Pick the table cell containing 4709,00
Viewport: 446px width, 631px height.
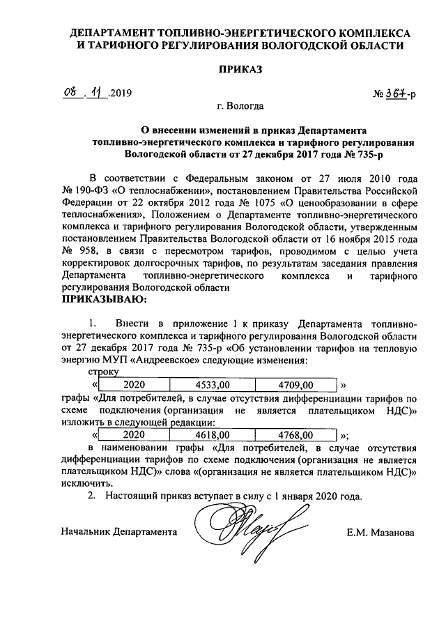296,385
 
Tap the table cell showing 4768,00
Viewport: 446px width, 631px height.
296,434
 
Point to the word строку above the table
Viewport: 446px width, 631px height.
97,374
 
